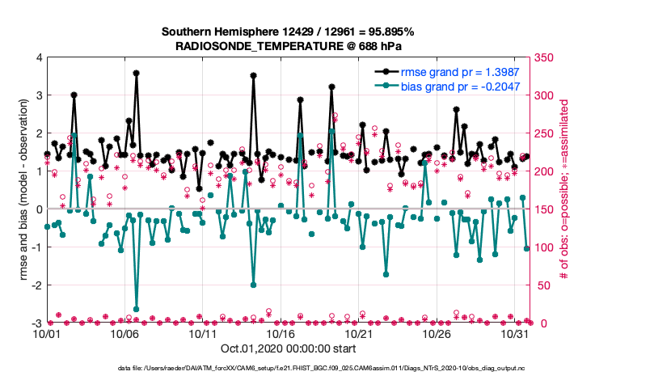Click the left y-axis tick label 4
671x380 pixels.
coord(38,57)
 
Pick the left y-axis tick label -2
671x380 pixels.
coord(36,285)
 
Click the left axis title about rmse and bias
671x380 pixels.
coord(18,190)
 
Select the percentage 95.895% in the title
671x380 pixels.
coord(386,32)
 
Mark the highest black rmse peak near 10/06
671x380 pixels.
coord(136,73)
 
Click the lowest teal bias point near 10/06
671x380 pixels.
coord(136,309)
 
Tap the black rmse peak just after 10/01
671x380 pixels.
coord(74,95)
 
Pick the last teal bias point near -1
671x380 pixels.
coord(526,248)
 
